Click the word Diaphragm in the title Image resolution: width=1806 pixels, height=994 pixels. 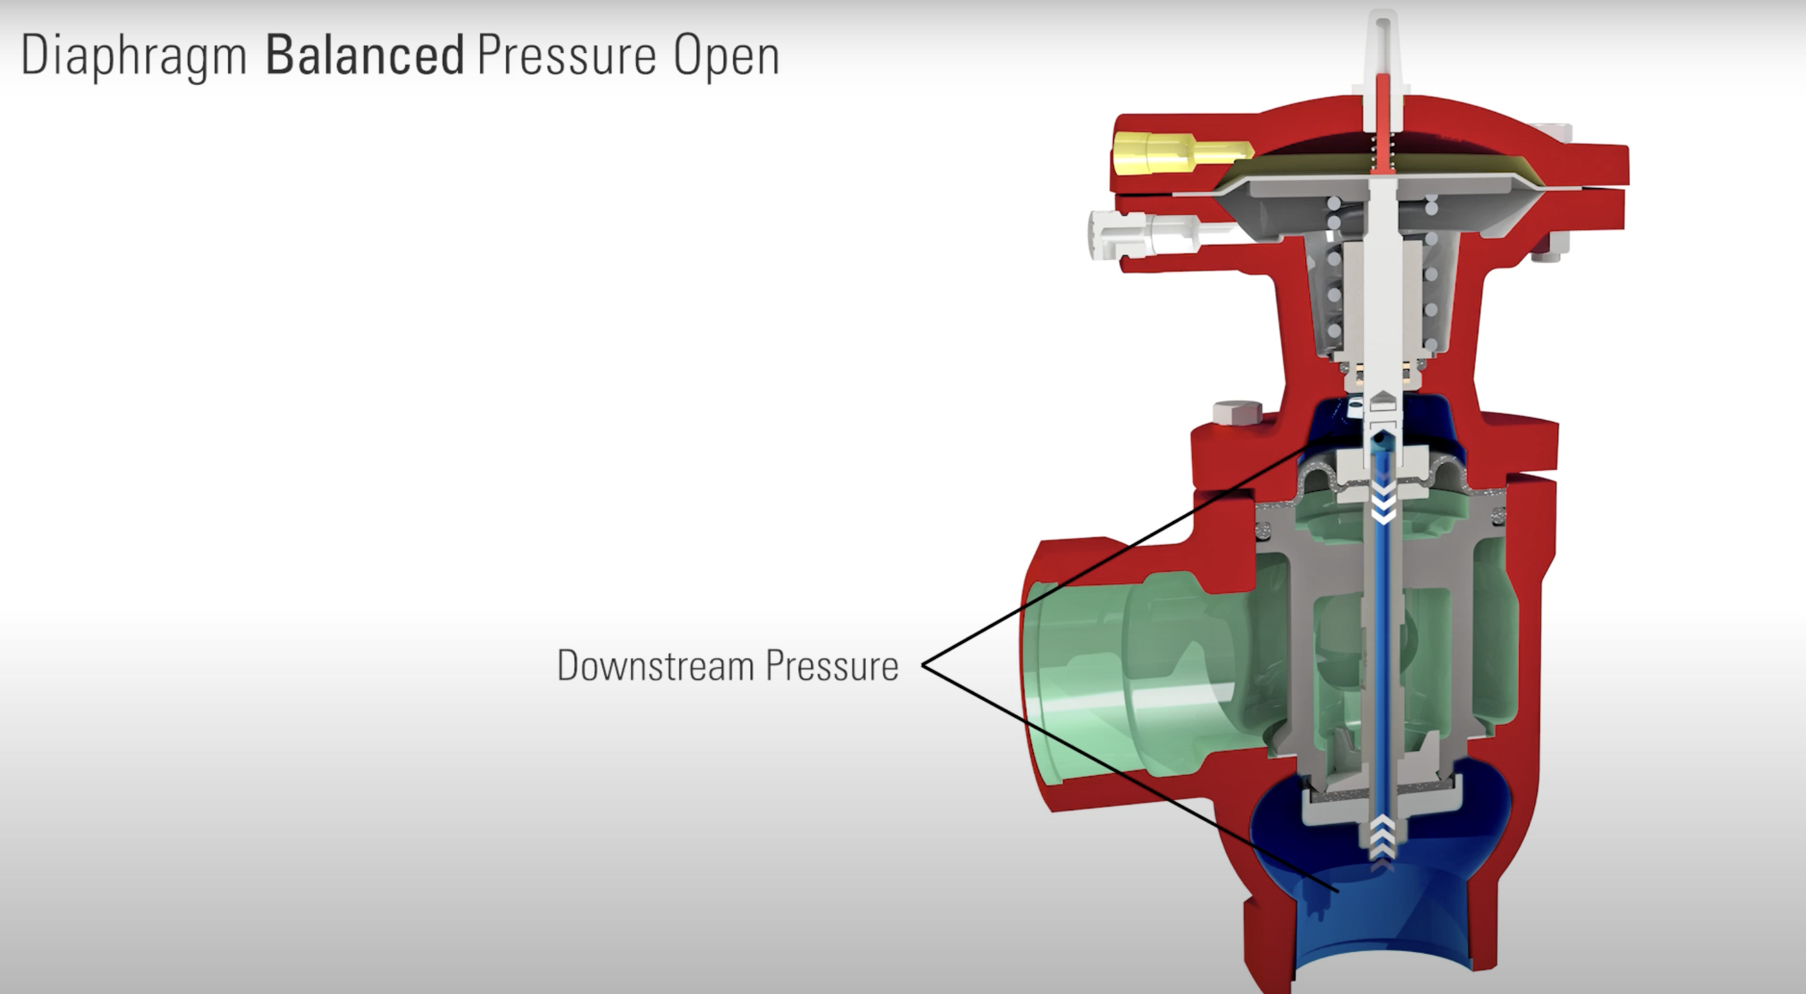133,56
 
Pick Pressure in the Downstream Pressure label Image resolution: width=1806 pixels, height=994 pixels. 831,665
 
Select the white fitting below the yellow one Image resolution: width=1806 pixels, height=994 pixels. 1143,232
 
